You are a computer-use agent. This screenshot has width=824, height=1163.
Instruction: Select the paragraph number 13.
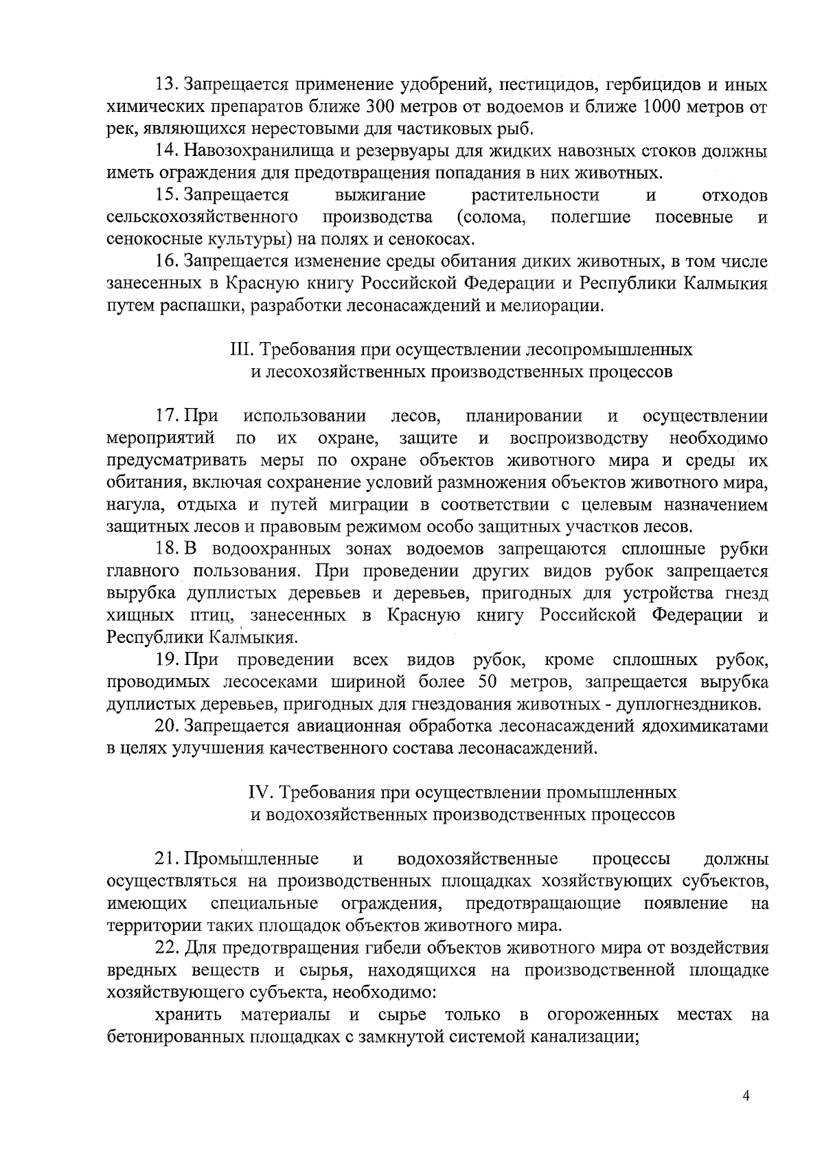click(x=166, y=85)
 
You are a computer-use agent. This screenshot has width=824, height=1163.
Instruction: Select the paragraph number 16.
click(x=166, y=262)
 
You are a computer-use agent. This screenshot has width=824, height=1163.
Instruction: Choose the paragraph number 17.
click(x=166, y=416)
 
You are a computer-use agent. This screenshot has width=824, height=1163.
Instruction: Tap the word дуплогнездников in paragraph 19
click(x=687, y=704)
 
